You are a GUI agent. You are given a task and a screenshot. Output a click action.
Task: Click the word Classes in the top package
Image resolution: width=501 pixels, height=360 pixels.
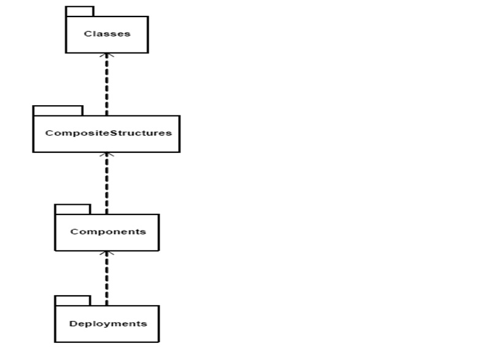coord(107,34)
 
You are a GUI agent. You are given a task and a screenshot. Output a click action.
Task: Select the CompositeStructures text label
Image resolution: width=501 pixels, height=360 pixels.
coord(108,133)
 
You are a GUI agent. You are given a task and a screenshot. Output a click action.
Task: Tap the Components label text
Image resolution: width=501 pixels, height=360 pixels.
coord(108,232)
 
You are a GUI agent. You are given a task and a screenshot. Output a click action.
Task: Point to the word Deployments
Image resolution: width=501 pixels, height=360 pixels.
coord(108,323)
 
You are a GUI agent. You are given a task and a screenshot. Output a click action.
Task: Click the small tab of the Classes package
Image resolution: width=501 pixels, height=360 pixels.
coord(80,12)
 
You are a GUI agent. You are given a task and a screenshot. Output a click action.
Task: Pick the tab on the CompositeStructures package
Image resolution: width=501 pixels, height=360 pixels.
coord(58,111)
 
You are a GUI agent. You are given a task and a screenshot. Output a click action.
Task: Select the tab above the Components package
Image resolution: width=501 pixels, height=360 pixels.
coord(72,210)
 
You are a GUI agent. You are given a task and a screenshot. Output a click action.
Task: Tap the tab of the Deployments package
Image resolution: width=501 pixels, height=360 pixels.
coord(72,301)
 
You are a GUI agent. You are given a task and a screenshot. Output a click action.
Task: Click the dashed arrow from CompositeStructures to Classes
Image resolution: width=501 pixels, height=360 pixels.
coord(106,86)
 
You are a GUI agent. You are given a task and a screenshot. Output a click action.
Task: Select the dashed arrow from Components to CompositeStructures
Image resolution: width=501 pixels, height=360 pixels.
coord(106,183)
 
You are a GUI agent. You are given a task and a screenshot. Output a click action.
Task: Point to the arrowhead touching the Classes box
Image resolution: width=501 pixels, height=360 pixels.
coord(106,56)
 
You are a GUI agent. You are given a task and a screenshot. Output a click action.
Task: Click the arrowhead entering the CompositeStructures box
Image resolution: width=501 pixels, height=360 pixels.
coord(106,155)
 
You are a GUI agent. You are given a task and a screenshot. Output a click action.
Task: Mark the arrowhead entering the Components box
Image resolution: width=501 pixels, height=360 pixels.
coord(106,254)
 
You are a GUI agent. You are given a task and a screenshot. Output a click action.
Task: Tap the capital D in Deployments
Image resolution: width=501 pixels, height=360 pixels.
coord(73,323)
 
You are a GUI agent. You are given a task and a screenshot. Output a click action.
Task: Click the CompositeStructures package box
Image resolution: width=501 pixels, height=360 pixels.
coord(106,144)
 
